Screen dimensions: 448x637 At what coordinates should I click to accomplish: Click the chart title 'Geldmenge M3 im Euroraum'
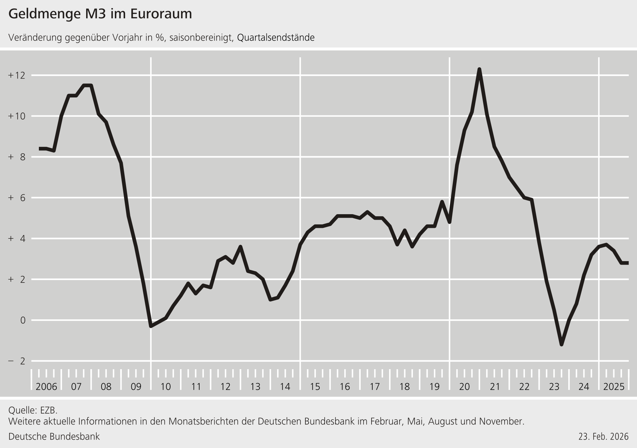100,14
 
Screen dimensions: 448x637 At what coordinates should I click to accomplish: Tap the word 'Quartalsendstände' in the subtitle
276,38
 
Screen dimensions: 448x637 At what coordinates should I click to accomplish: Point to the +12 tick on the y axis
17,75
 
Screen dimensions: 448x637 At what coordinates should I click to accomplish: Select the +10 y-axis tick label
17,116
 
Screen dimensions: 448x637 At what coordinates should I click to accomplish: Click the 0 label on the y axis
23,320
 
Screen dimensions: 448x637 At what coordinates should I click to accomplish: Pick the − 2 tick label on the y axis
17,361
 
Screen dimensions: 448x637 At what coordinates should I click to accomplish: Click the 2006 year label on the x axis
46,387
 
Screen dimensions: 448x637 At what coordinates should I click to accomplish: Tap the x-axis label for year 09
136,387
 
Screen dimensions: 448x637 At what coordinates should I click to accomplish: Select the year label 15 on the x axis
315,387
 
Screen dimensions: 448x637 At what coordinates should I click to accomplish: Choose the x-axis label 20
464,387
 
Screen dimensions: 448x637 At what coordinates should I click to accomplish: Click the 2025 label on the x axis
614,387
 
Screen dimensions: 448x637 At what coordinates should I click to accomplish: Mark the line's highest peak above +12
479,69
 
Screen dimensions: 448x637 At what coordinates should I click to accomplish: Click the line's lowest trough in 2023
561,345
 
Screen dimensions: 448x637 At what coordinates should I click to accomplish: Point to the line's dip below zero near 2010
151,326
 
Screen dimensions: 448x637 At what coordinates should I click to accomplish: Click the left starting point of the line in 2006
39,149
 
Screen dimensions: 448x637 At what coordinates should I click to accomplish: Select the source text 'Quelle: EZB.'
33,410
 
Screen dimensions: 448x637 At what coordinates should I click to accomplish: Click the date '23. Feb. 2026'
603,437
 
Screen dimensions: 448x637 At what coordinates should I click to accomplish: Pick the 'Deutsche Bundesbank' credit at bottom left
54,436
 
